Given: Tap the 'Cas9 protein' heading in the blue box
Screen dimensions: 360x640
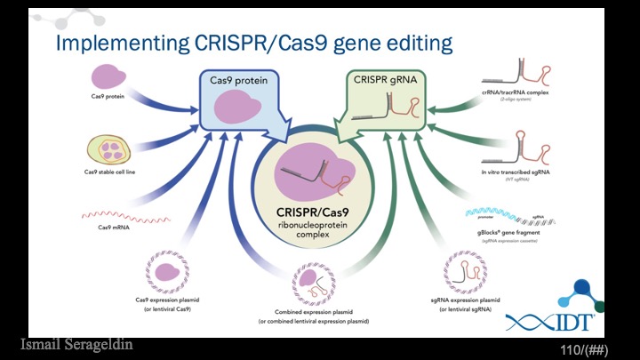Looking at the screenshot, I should pos(240,81).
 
